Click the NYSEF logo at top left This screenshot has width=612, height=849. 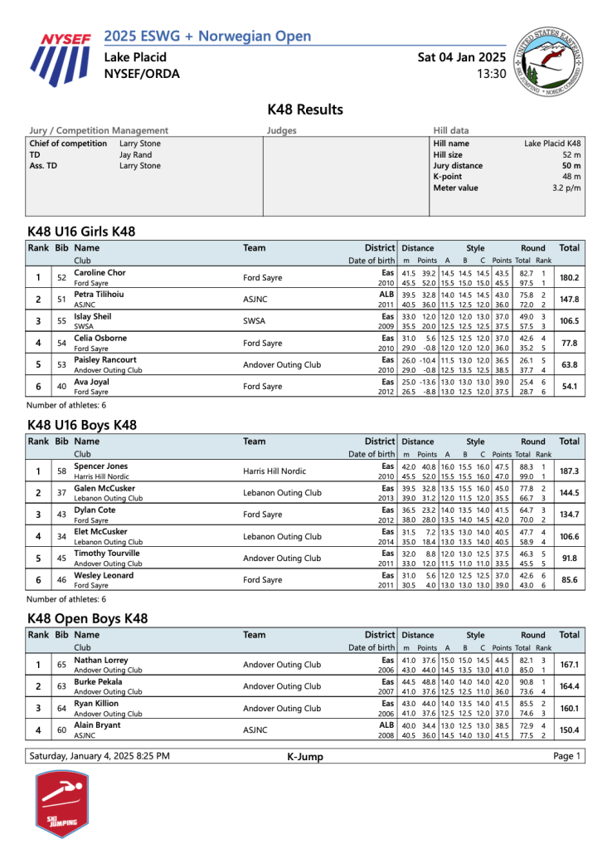[63, 59]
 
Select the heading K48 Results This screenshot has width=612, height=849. [305, 110]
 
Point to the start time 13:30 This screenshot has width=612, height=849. [491, 74]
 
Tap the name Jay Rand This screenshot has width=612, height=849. [135, 154]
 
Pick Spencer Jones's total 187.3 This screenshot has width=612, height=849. [569, 471]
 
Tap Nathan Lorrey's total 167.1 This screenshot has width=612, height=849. [569, 665]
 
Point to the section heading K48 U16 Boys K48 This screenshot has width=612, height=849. [81, 425]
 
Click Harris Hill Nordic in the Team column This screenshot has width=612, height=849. [277, 471]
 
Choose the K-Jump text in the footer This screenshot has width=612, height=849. [305, 756]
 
